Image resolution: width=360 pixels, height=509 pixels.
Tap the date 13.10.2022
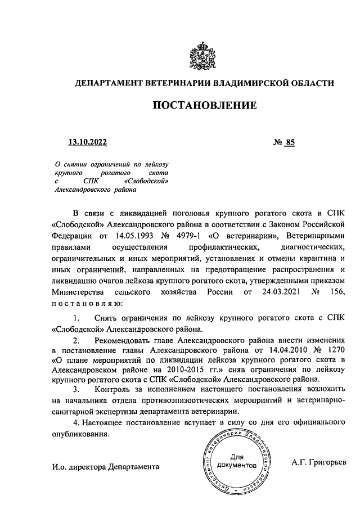[87, 142]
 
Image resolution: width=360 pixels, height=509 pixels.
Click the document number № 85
[284, 142]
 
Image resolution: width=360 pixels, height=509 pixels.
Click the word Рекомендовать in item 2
[124, 341]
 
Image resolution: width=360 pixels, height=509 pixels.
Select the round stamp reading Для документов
[237, 462]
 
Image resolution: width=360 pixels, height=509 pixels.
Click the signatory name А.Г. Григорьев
[319, 462]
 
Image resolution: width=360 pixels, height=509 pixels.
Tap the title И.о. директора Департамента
[105, 467]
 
